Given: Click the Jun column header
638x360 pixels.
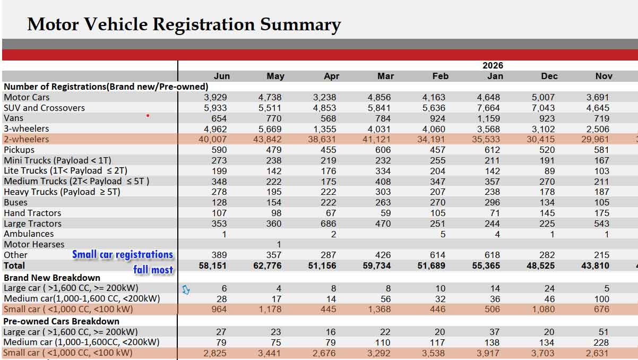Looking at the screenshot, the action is coord(221,76).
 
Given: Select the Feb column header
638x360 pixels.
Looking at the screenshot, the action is coord(441,76).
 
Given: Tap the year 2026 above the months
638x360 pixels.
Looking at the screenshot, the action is coord(493,65).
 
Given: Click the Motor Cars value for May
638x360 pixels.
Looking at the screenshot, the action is coord(270,98).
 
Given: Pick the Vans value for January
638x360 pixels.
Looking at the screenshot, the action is coord(488,118).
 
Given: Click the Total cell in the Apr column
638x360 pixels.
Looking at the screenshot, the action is coord(322,265).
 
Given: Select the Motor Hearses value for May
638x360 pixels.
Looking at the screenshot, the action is coord(279,245).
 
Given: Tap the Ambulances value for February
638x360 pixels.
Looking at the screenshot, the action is coord(443,234).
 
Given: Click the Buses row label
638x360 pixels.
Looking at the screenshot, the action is coord(16,202).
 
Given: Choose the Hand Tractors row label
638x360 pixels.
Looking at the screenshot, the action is coord(32,213).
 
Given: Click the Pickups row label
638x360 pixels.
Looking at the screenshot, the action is coord(19,150).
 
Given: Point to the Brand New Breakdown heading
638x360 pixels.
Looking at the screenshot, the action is coord(52,278).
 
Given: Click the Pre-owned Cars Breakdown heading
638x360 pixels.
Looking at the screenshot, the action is coord(61,321).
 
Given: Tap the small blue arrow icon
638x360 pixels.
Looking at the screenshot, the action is coord(186,290).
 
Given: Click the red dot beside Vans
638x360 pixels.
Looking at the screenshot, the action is coord(148,115).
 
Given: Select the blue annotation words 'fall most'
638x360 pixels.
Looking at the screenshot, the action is coord(153,270).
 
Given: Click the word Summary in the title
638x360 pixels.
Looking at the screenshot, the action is coord(300,25).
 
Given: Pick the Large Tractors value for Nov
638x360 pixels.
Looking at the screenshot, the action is coord(601,224).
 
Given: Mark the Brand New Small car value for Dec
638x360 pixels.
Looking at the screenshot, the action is coord(543,309).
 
